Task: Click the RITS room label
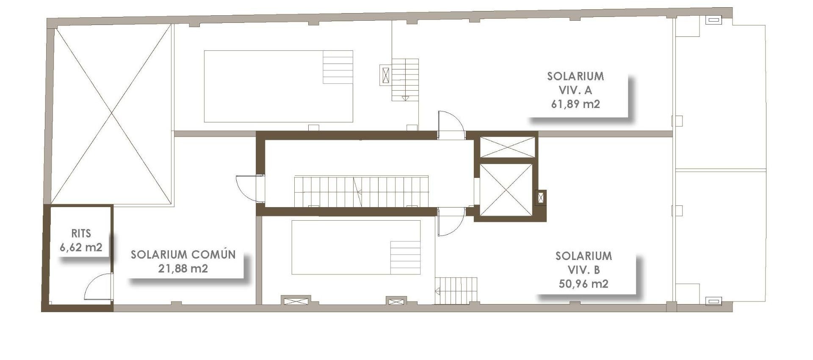tap(81, 233)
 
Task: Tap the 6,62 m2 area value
tap(81, 247)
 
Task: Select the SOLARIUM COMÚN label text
tap(183, 255)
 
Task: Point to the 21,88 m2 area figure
tap(183, 269)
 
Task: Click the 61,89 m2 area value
tap(575, 104)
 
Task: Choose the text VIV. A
tap(575, 90)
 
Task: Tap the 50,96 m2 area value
tap(583, 283)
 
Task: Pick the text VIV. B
tap(583, 270)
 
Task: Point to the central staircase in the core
tap(361, 191)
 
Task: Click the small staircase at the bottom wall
tap(456, 291)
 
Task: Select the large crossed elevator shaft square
tap(506, 190)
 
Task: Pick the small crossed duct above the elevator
tap(507, 147)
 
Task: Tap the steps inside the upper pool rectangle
tap(338, 67)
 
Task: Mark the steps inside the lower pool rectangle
tap(405, 258)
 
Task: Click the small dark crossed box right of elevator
tap(541, 197)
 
